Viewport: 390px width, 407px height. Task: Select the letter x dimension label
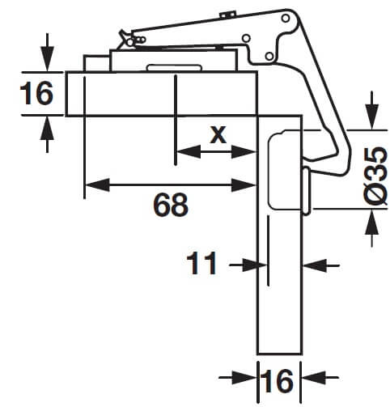coord(218,134)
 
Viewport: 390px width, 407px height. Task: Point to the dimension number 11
coord(202,264)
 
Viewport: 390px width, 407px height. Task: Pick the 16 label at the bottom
coord(279,381)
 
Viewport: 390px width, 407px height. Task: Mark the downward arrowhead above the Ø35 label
coord(371,121)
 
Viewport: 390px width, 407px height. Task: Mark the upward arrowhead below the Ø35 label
coord(371,218)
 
